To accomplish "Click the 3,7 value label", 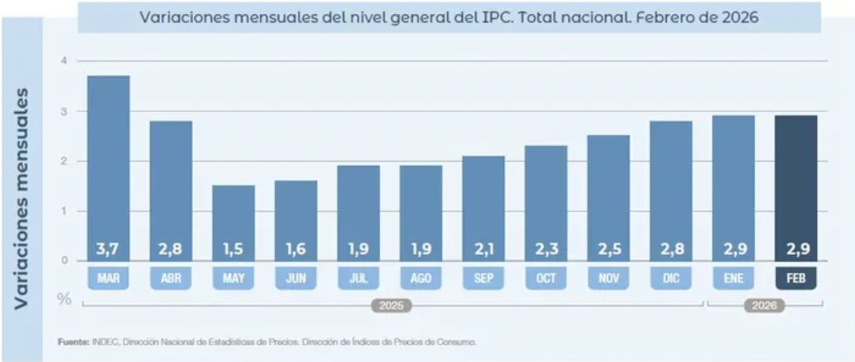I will click(108, 248).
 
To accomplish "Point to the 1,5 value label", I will click(234, 248).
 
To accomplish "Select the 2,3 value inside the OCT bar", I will click(546, 248).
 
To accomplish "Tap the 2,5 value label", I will click(608, 248).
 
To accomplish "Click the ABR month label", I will click(171, 279).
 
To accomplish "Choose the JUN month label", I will click(296, 279).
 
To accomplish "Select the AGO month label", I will click(421, 279).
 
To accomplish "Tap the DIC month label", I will click(671, 279).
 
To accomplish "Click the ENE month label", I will click(734, 279).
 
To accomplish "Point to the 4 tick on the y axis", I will click(63, 61).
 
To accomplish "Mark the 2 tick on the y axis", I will click(63, 161).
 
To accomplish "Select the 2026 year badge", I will click(764, 306).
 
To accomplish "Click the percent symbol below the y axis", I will click(63, 298).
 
